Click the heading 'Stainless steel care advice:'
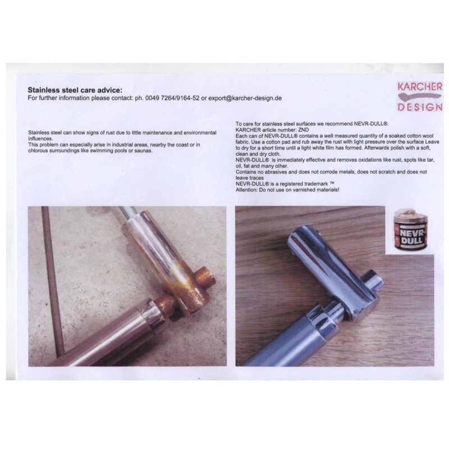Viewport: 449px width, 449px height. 75,90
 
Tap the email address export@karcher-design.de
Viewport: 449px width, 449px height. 245,98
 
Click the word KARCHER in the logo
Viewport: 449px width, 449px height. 420,87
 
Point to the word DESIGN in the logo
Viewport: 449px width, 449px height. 420,107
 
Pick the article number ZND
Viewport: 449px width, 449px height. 303,130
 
